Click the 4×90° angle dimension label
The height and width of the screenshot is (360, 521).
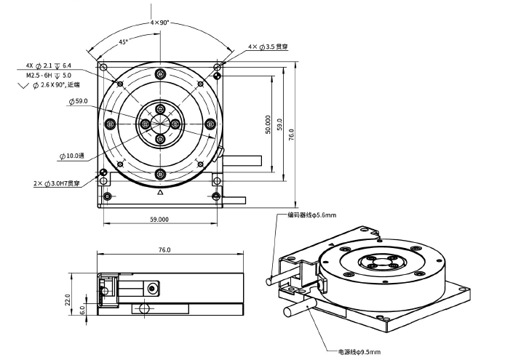click(x=160, y=23)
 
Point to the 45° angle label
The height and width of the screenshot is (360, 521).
click(x=123, y=42)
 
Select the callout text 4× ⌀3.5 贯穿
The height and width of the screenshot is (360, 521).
click(x=269, y=47)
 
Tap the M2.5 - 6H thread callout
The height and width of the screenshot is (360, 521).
click(x=49, y=76)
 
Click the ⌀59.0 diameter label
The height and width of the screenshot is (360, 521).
click(x=79, y=101)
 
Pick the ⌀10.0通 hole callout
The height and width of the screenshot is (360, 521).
click(x=72, y=156)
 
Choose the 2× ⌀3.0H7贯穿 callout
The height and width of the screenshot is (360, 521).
click(x=57, y=183)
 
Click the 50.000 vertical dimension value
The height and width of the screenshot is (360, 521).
click(x=269, y=124)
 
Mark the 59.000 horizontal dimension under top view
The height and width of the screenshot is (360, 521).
click(x=159, y=219)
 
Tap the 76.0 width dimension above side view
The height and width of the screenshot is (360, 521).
click(x=164, y=249)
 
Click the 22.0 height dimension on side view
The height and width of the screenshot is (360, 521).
click(x=68, y=300)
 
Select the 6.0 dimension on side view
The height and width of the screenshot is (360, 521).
click(x=82, y=311)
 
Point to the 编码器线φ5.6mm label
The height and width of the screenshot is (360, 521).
click(x=311, y=215)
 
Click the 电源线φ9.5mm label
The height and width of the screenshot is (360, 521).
click(x=359, y=352)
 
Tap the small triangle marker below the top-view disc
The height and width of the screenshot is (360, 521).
click(x=160, y=192)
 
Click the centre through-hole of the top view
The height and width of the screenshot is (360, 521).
click(x=160, y=124)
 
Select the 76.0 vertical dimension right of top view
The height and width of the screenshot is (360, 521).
click(x=291, y=135)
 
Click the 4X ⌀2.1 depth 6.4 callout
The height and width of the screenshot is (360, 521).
click(x=49, y=65)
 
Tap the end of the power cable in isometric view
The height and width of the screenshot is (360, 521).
click(x=287, y=311)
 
